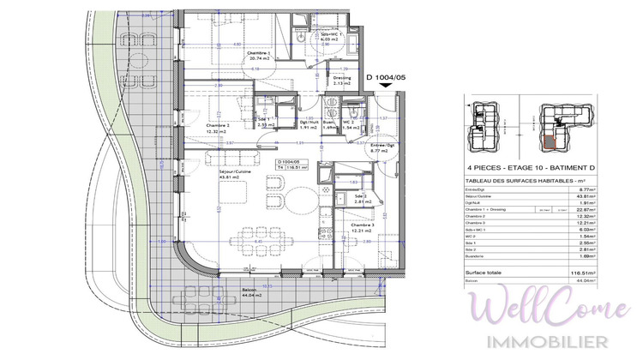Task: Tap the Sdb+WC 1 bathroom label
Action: point(328,35)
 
